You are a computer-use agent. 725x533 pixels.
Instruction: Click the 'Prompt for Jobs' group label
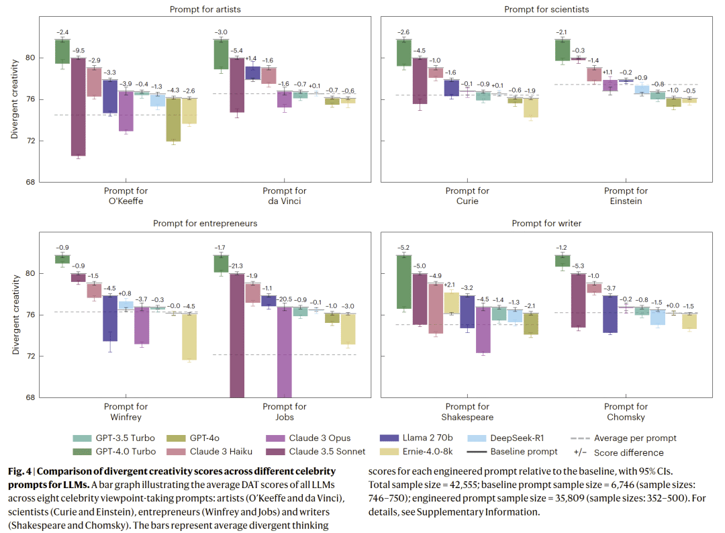tap(284, 411)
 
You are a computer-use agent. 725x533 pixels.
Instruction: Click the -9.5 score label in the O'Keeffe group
tap(79, 51)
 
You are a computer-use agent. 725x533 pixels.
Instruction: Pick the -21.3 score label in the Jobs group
tap(238, 267)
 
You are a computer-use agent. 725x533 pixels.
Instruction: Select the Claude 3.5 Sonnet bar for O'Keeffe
tap(79, 107)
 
